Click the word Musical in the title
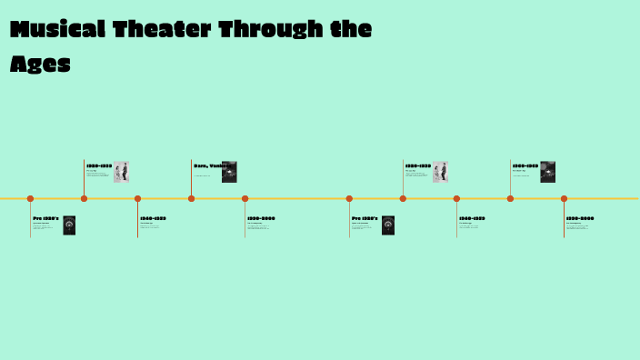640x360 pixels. pos(56,29)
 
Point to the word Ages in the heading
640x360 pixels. pos(40,64)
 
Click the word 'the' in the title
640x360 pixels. pos(350,29)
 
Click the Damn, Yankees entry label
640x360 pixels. pos(208,166)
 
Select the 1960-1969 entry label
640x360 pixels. pos(525,166)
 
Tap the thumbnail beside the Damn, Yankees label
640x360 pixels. pos(229,172)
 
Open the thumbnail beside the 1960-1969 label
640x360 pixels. pos(547,172)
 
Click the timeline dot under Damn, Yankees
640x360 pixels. pos(191,198)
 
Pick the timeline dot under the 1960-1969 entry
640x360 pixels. pos(510,198)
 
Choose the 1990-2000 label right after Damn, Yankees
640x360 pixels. pos(261,218)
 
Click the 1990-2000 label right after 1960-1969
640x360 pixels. pos(580,218)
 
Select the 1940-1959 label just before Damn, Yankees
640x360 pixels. pos(153,218)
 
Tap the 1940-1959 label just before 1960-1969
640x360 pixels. pos(472,218)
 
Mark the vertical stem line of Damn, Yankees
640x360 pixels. pos(191,177)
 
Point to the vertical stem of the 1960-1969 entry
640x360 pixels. pos(510,177)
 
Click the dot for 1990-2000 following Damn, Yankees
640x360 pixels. pos(245,198)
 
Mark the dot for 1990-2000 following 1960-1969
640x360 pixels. pos(564,198)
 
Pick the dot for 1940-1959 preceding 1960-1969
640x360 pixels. pos(456,198)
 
